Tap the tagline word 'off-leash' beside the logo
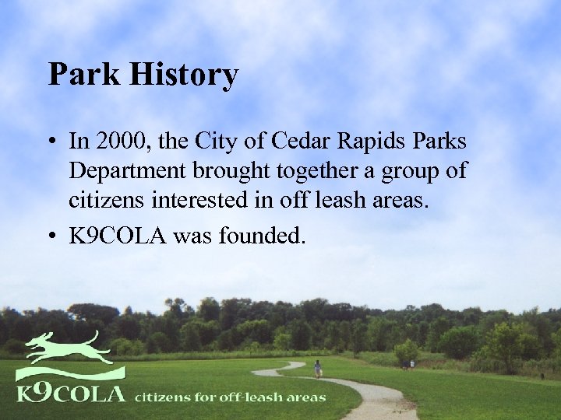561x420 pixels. [x=240, y=397]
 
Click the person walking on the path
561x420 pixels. [x=317, y=368]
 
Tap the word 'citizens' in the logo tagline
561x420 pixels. [x=161, y=397]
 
